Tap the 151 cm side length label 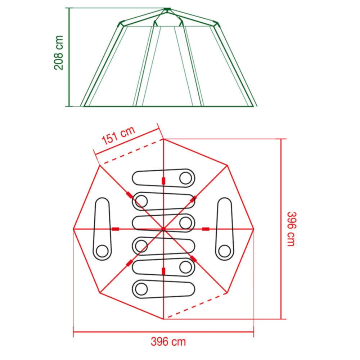(118, 136)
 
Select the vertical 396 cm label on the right (291, 229)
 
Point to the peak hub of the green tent (166, 9)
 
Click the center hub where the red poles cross (163, 229)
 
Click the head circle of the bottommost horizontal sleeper (141, 288)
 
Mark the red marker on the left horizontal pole (115, 229)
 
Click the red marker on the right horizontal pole (206, 229)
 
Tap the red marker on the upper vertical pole (163, 180)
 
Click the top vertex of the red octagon (163, 139)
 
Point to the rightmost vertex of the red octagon (254, 229)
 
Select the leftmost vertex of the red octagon (73, 229)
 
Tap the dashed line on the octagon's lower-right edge (196, 306)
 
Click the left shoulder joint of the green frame (120, 24)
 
